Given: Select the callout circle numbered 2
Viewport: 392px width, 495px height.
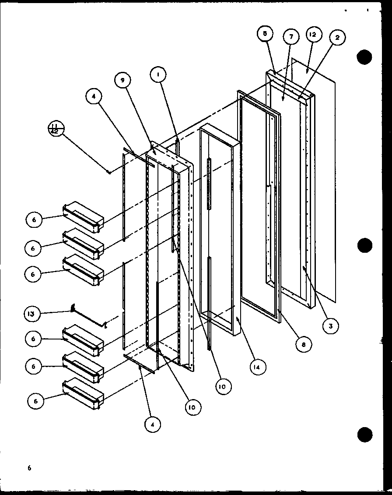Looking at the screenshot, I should pos(337,38).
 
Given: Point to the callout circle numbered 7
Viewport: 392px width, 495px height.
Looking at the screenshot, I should pos(291,37).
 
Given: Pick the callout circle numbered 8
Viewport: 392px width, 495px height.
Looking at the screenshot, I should pos(303,344).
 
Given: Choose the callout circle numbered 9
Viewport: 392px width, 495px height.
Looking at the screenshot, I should pos(123,80).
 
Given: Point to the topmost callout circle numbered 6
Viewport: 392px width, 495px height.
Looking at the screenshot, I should pos(34,220).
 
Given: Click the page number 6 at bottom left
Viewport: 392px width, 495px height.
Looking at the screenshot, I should pos(29,468).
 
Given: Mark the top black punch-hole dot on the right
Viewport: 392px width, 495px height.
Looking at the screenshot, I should pos(364,57).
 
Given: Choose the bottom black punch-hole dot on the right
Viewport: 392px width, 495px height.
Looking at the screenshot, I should pos(364,435).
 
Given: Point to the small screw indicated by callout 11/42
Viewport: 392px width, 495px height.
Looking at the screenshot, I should pos(108,171).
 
